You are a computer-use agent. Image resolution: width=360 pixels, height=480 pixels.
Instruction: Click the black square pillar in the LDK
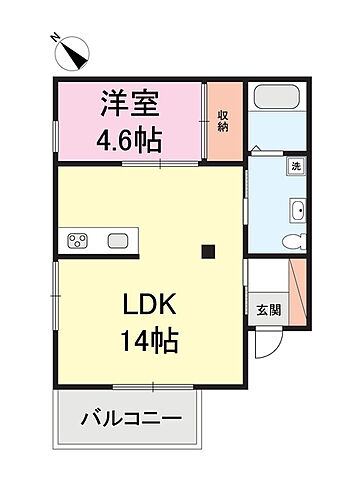click(x=208, y=252)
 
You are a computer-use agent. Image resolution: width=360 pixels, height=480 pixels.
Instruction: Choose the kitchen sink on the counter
click(x=119, y=239)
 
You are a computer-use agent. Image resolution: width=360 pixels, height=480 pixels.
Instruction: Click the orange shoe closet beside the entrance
click(x=297, y=291)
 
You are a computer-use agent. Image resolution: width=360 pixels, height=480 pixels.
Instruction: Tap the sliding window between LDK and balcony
click(x=151, y=386)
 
